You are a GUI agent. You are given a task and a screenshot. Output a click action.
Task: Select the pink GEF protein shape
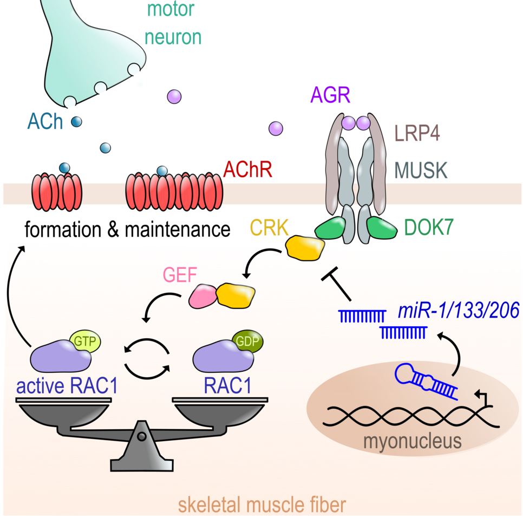(203, 296)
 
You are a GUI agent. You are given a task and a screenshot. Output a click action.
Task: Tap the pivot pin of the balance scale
(141, 437)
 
